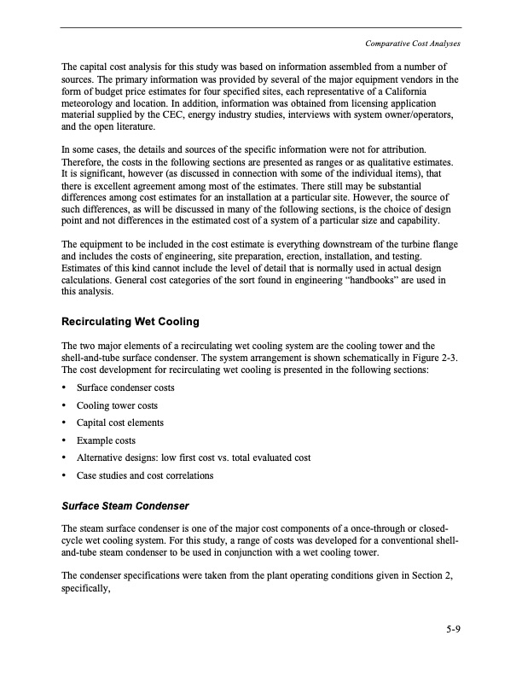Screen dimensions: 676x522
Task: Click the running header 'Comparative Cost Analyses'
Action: coord(412,44)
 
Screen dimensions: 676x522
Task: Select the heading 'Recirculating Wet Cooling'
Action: coord(130,322)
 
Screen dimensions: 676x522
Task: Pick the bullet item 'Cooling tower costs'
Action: coord(117,405)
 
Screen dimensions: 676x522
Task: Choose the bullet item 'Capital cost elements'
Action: coord(120,422)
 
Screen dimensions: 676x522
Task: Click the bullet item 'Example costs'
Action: coord(106,440)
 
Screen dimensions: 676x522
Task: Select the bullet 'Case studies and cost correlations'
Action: coord(145,475)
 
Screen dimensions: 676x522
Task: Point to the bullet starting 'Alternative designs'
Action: coord(193,457)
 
